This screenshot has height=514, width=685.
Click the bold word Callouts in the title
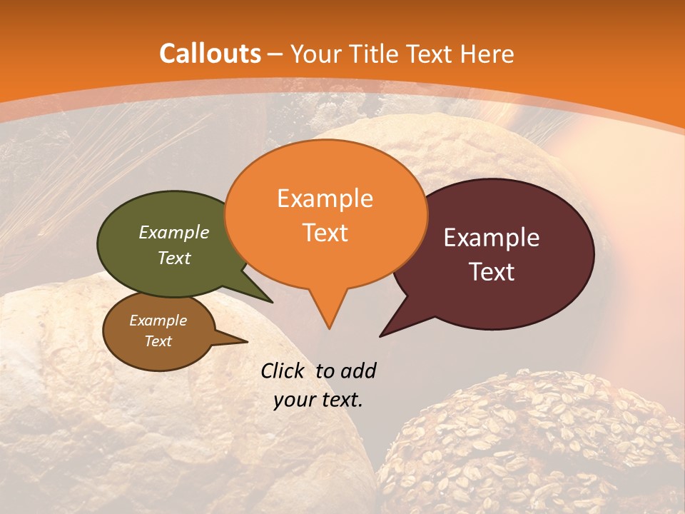pos(210,54)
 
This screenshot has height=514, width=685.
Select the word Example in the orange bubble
pos(325,198)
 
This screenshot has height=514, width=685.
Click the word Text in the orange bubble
pos(325,233)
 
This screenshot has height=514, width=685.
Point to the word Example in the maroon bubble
pos(492,238)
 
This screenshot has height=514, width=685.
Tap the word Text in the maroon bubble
pos(492,272)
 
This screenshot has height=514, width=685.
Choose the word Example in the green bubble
pos(174,232)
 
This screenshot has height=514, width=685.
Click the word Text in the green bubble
pos(174,258)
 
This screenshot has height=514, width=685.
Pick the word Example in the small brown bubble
pos(158,321)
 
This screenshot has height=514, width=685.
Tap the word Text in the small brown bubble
pos(158,341)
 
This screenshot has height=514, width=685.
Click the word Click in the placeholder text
pos(283,371)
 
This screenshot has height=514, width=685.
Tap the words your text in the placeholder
pos(318,400)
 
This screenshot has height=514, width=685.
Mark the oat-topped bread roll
pos(528,443)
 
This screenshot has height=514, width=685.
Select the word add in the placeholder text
pos(358,371)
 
